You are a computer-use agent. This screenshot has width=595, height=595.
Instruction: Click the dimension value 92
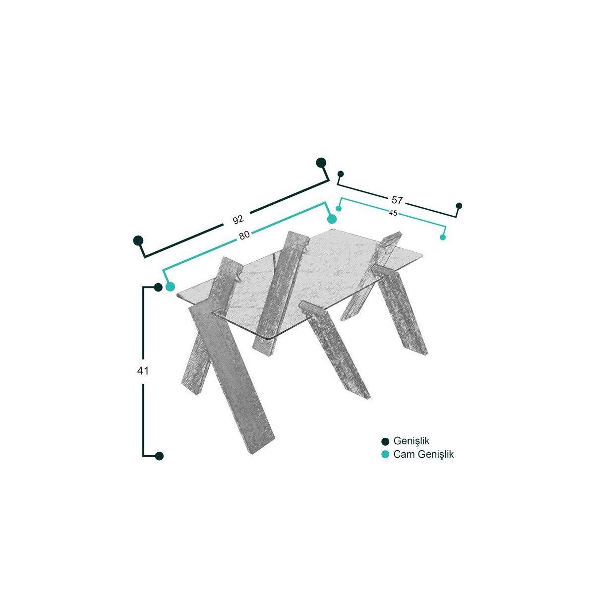[238, 219]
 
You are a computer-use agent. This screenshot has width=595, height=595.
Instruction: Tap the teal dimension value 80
[244, 236]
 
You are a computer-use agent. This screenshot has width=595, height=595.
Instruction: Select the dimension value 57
[397, 200]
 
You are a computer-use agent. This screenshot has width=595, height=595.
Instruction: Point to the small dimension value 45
[393, 213]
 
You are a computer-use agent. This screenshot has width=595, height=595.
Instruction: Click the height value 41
[143, 371]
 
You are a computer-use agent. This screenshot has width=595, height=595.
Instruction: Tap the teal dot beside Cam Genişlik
[385, 455]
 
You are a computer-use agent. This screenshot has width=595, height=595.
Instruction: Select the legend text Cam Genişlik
[423, 455]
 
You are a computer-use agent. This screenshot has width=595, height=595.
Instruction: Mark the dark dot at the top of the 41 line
[158, 288]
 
